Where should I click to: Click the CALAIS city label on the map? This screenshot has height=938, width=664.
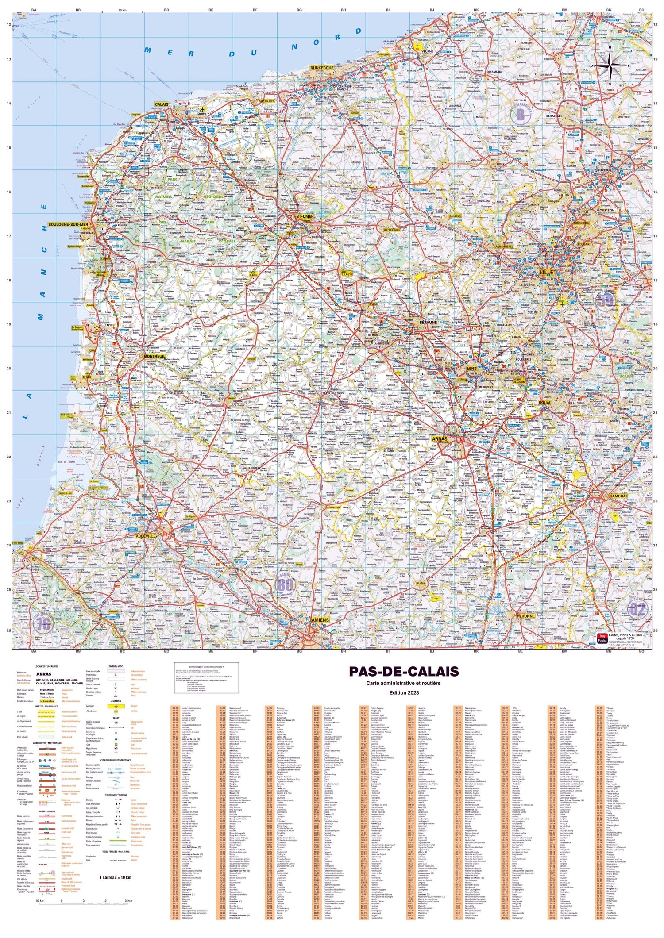pos(162,104)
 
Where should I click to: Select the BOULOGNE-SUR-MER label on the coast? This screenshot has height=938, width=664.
pos(69,224)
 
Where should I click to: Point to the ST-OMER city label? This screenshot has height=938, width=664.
pos(305,216)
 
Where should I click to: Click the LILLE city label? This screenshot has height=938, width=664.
pos(546,273)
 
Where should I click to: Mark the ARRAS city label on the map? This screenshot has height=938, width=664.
pos(440,439)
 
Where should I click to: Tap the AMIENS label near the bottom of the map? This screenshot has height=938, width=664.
pos(320,620)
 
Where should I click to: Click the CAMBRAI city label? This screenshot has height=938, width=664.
pos(617,496)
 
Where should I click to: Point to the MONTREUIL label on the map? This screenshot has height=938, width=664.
pos(154,356)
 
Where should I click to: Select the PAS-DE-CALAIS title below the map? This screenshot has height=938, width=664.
pos(404,671)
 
